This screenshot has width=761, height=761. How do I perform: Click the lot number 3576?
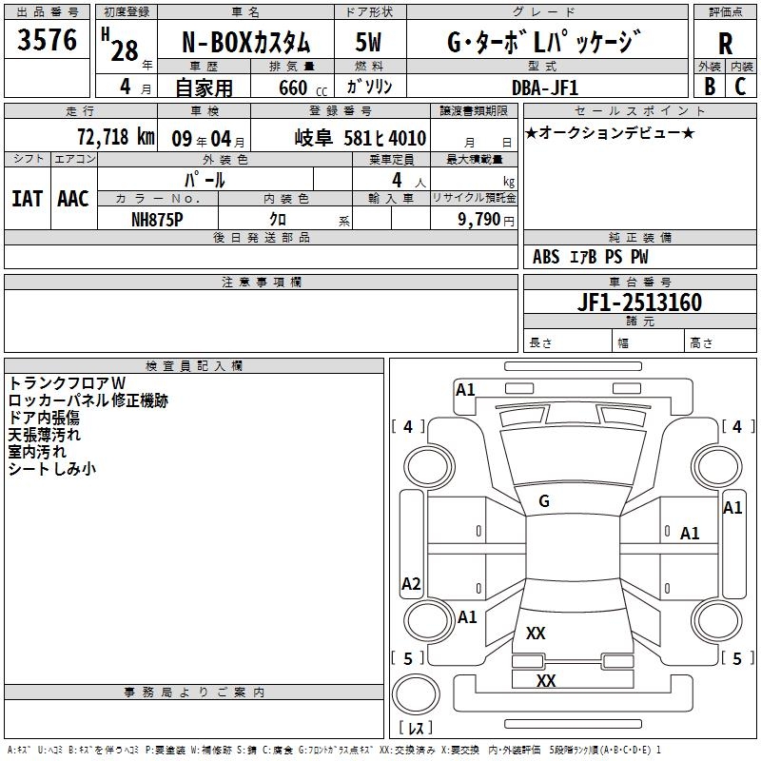[x=48, y=40]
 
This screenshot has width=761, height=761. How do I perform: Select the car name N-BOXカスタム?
[x=245, y=43]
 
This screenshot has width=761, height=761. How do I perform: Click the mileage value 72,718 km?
[x=116, y=137]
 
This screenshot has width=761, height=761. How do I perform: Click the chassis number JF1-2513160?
[x=614, y=302]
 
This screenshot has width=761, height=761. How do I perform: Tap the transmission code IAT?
[x=27, y=199]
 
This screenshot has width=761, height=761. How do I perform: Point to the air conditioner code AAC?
[x=72, y=199]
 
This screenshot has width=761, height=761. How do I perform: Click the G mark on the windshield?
[x=544, y=501]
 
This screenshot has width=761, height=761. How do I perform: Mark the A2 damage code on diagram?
[x=411, y=584]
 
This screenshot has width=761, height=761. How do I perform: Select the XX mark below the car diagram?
[x=545, y=681]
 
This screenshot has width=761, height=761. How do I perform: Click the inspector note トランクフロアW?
[x=67, y=383]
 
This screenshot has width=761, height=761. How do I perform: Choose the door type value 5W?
[x=369, y=43]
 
